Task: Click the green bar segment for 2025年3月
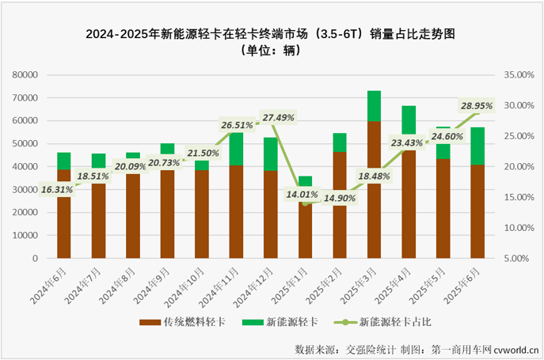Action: (x=375, y=106)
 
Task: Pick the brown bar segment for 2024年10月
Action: (x=203, y=214)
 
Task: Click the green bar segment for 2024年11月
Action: (x=237, y=149)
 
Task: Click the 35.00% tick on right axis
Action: (x=519, y=75)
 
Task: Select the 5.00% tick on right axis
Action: (x=521, y=258)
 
